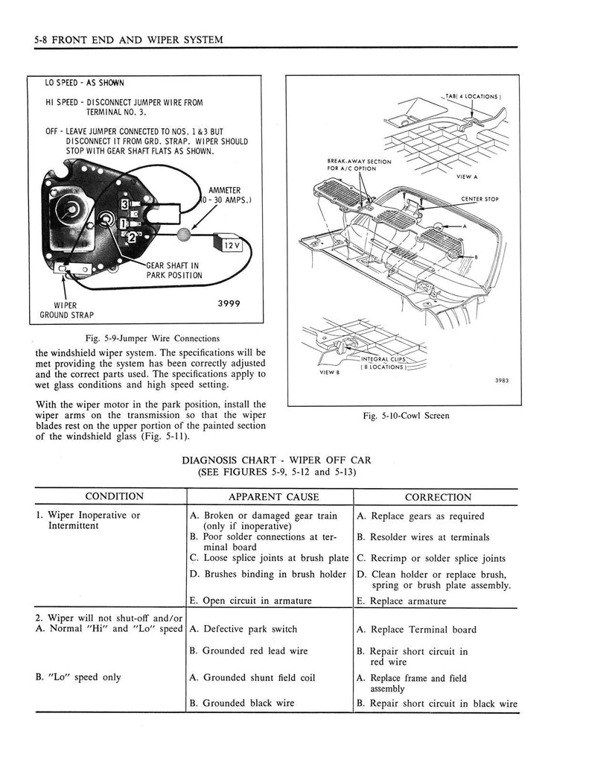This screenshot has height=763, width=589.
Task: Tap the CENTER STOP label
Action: (x=480, y=199)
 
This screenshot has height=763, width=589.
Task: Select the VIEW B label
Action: (x=329, y=373)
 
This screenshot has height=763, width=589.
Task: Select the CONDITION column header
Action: (x=114, y=497)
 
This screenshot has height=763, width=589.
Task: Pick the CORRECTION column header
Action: (x=438, y=497)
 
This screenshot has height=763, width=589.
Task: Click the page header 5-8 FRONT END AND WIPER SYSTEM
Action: (x=124, y=39)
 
